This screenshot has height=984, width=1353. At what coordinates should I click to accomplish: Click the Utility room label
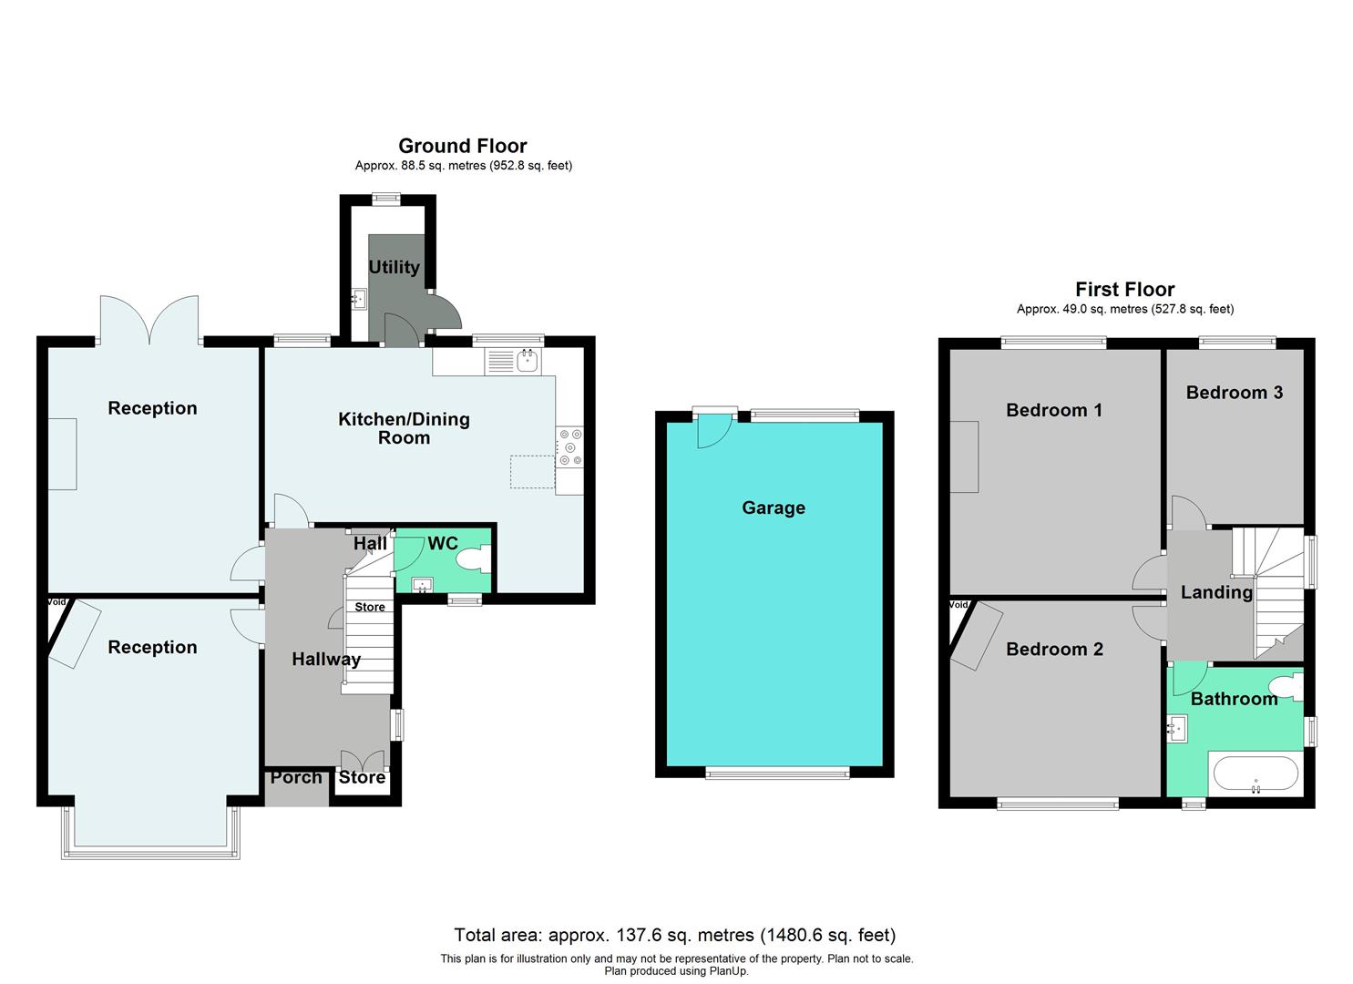click(x=394, y=267)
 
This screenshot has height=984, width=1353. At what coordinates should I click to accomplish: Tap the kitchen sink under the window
click(x=527, y=361)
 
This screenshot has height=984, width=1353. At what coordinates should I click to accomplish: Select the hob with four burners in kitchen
click(x=570, y=447)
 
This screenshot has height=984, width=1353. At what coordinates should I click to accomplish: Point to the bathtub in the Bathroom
click(x=1255, y=774)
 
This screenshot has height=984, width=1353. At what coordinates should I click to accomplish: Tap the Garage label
click(x=773, y=507)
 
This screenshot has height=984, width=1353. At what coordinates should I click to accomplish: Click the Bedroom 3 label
click(x=1234, y=392)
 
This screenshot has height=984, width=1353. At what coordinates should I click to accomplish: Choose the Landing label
click(x=1216, y=592)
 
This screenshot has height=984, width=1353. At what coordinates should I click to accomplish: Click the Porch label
click(x=296, y=777)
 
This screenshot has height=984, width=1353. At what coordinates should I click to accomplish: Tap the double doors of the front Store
click(x=363, y=761)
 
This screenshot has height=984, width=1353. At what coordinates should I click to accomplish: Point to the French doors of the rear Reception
click(x=149, y=319)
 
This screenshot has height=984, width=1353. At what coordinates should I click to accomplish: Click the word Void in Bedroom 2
click(x=958, y=604)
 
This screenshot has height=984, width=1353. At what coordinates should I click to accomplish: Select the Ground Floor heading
click(x=462, y=146)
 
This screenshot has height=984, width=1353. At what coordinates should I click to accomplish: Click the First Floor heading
click(x=1124, y=290)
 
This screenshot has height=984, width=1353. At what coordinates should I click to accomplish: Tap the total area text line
click(x=674, y=935)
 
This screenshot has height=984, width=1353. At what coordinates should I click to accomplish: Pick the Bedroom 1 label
click(x=1053, y=410)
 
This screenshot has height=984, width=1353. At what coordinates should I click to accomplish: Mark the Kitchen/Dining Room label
click(x=404, y=428)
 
